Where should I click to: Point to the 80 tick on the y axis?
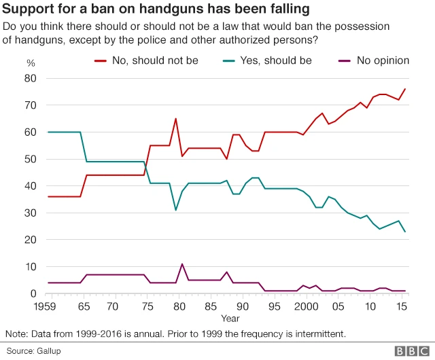[x=31, y=78]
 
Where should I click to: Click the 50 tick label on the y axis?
[x=31, y=159]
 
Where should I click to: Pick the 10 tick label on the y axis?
[x=31, y=267]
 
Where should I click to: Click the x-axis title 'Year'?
[x=229, y=318]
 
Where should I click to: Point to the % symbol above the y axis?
[x=31, y=63]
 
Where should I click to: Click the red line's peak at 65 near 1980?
[x=176, y=119]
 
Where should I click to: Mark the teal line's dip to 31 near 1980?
[x=176, y=210]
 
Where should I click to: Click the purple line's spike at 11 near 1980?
[x=182, y=264]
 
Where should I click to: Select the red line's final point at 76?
[x=405, y=89]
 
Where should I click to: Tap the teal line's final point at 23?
[x=405, y=232]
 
